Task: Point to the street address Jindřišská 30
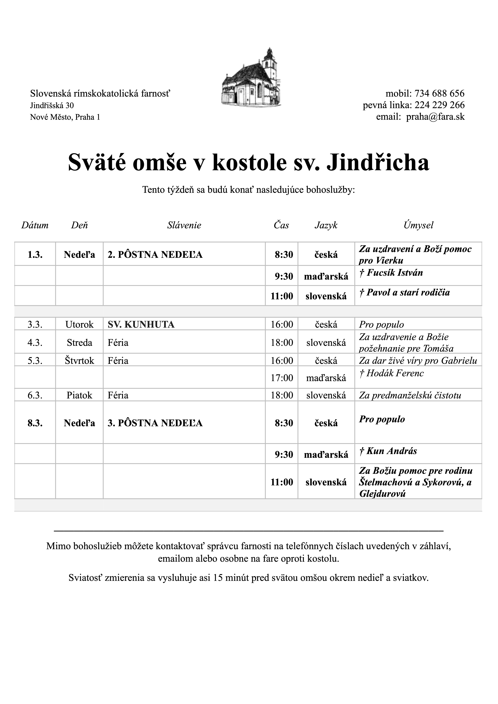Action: click(x=52, y=105)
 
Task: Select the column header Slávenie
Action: click(x=184, y=226)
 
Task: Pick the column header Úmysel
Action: click(x=418, y=226)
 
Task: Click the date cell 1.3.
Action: click(x=35, y=255)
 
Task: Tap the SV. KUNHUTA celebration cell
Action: click(x=141, y=324)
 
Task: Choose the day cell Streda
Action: click(x=79, y=343)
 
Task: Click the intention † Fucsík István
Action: click(x=391, y=273)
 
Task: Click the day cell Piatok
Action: click(x=79, y=395)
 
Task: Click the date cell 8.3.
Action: click(x=35, y=423)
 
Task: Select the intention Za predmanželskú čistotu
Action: click(x=410, y=395)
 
